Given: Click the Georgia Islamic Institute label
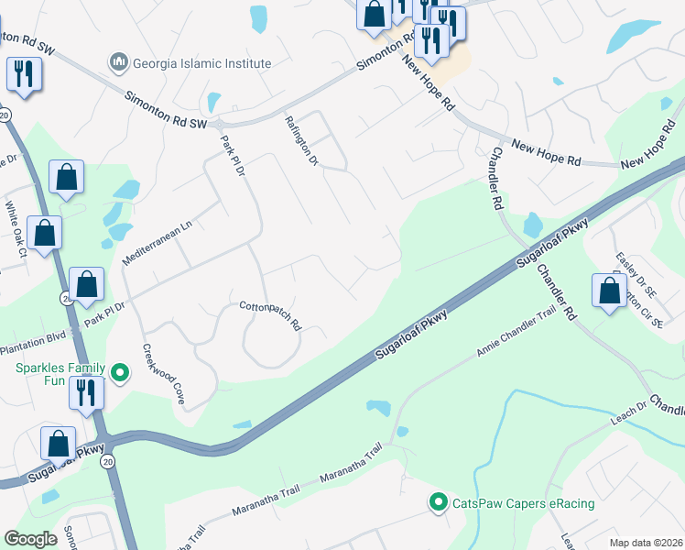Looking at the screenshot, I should click(201, 63).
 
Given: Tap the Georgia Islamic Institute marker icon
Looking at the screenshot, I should click(118, 63).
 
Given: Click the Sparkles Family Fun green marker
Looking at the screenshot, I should click(119, 372).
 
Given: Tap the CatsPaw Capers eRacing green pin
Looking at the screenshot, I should click(439, 502).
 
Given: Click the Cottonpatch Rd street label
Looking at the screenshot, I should click(270, 314).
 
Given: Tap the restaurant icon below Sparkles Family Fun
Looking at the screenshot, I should click(86, 392).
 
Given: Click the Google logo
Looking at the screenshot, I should click(31, 538).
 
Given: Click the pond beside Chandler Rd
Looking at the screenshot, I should click(532, 225).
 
